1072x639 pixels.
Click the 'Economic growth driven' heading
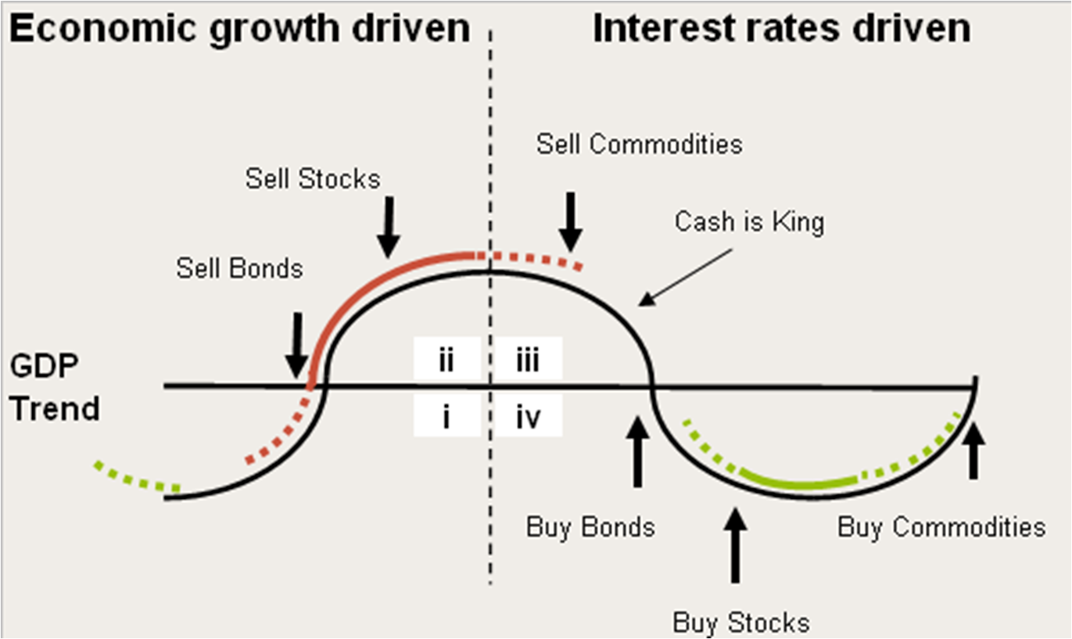[x=241, y=30]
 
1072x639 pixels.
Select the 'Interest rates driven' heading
[x=781, y=30]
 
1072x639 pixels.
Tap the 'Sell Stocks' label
[x=313, y=178]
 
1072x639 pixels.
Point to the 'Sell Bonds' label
[x=239, y=268]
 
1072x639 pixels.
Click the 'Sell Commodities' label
[x=639, y=144]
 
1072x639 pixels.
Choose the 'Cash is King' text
[x=749, y=222]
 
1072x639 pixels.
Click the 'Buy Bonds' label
[x=590, y=526]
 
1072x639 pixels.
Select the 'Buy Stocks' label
[x=740, y=623]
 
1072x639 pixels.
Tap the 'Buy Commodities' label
[x=941, y=526]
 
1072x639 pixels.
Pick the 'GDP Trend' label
[x=56, y=387]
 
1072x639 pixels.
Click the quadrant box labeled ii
[x=446, y=361]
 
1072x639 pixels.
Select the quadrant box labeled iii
[x=528, y=361]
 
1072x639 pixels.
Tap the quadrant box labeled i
[x=446, y=418]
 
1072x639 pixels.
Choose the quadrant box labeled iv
[x=528, y=418]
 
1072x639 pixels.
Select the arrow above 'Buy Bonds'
[x=638, y=452]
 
